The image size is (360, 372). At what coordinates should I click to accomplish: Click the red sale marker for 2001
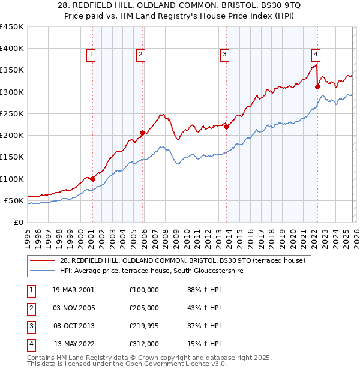tap(93, 179)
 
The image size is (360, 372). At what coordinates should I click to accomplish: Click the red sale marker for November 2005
tap(142, 133)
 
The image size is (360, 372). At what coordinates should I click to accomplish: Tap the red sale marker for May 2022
tap(317, 87)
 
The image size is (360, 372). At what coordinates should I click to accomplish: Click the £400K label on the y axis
tap(12, 49)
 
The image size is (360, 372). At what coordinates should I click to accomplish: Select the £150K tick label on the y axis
tap(12, 157)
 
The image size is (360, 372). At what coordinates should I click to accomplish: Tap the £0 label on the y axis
tap(19, 222)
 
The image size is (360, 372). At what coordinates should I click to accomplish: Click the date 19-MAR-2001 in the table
tap(73, 290)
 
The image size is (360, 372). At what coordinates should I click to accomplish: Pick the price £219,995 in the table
tap(144, 326)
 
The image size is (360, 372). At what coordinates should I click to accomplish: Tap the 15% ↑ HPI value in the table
tap(204, 344)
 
